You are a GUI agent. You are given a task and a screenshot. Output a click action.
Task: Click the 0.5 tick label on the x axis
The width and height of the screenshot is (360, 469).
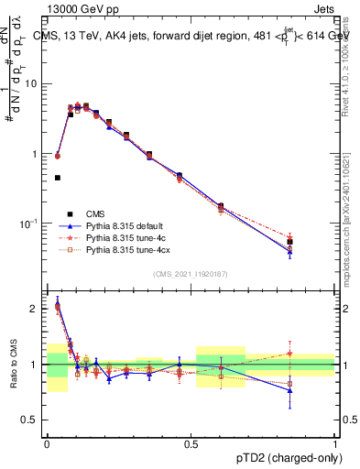[191, 444]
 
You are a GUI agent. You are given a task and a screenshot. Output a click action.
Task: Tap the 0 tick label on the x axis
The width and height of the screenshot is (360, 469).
[47, 444]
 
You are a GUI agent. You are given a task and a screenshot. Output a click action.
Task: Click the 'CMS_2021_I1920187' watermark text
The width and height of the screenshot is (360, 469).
[190, 274]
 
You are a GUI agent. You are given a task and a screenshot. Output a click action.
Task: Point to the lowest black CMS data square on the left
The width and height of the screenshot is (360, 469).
[58, 178]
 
